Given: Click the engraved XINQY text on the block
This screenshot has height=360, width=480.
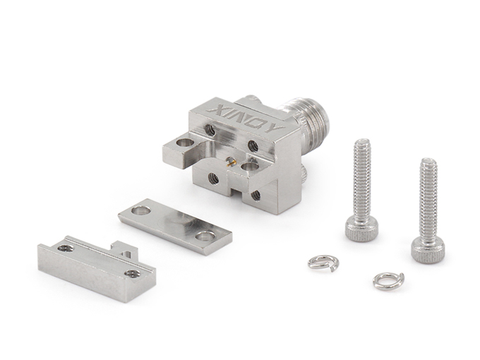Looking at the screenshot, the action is (x=246, y=120).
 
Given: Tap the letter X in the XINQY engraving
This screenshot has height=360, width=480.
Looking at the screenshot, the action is (x=215, y=109).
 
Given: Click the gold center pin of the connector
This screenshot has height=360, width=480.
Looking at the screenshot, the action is (x=231, y=162).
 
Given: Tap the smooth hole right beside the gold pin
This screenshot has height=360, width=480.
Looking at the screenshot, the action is (x=250, y=167).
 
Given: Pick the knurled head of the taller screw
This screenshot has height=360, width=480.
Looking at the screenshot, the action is (x=361, y=229).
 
